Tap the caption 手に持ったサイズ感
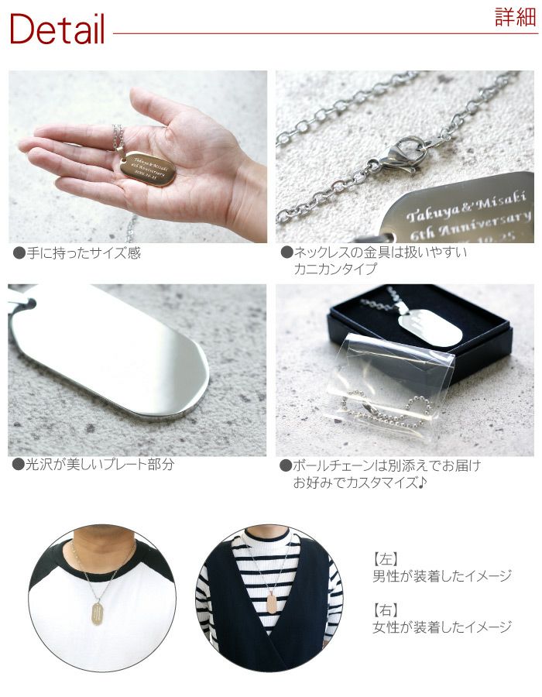[x=77, y=253]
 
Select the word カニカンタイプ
[x=334, y=270]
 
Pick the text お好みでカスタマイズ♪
[x=360, y=482]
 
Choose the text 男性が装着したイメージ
[x=442, y=575]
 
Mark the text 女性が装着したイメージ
[x=442, y=627]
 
